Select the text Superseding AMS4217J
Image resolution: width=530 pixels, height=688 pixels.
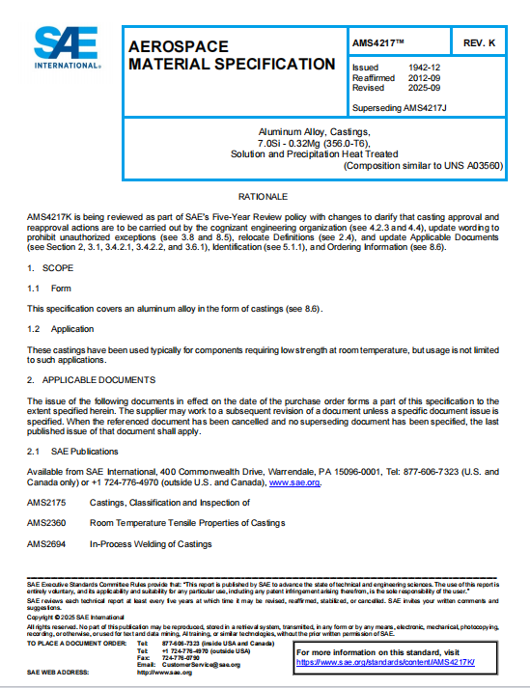[398, 107]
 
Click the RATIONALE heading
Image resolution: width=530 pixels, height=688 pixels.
[264, 196]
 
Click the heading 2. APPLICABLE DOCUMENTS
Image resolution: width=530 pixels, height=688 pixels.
[92, 380]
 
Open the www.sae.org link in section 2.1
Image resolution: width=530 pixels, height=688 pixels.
[293, 482]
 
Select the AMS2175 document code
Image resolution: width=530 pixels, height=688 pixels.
[46, 503]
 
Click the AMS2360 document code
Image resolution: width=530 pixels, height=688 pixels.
[46, 523]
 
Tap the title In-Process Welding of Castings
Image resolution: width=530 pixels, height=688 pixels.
[151, 544]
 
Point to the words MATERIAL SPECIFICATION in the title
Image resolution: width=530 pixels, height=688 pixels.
[232, 65]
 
